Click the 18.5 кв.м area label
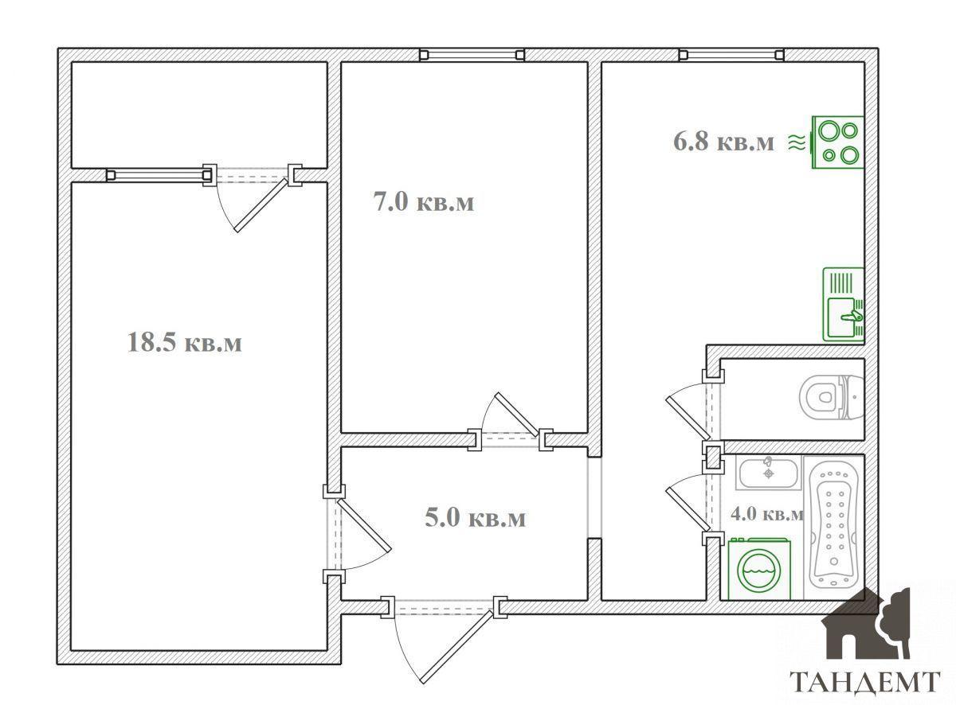point(185,343)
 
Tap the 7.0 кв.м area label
point(424,201)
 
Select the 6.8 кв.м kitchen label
point(723,142)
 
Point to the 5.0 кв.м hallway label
point(476,517)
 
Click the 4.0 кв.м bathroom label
point(767,514)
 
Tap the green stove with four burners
point(838,142)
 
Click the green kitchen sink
point(844,305)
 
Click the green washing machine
point(759,569)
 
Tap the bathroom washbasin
point(768,473)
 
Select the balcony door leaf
point(261,205)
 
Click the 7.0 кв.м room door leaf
point(517,415)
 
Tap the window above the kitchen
point(731,55)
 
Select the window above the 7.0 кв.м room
point(472,55)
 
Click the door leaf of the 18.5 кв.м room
point(364,525)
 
